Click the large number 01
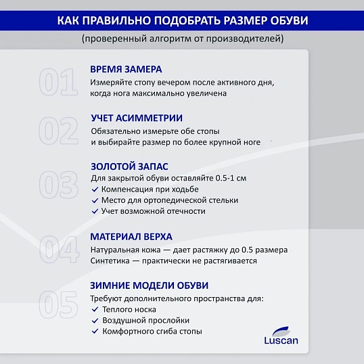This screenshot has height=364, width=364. [x=58, y=83]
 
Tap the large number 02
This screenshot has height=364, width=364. [x=58, y=130]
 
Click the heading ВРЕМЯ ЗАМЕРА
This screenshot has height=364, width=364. [x=126, y=70]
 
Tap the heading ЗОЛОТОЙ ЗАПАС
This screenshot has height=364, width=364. [x=129, y=166]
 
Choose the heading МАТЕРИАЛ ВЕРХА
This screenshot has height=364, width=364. [x=131, y=237]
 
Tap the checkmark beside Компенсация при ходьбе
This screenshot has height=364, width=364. [x=95, y=189]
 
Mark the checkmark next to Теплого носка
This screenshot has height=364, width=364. [x=95, y=309]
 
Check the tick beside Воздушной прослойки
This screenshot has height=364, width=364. [x=95, y=320]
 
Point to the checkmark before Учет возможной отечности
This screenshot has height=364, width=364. [x=95, y=211]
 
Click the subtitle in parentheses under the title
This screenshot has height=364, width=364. [x=182, y=39]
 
